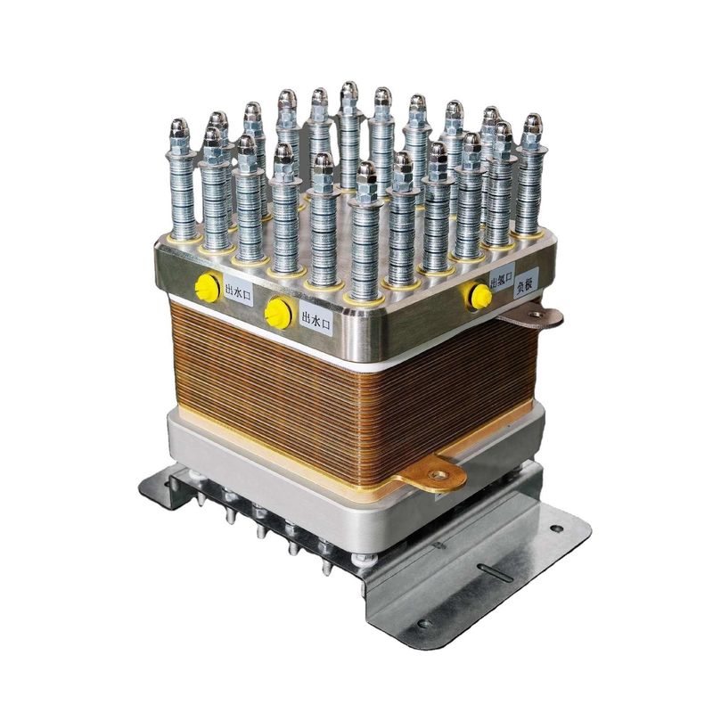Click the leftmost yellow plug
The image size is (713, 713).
[207, 287]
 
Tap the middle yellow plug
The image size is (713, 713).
[278, 312]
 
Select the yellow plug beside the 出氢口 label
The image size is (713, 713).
[480, 296]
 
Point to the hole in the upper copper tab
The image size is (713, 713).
[544, 315]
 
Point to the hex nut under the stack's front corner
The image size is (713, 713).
[364, 560]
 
